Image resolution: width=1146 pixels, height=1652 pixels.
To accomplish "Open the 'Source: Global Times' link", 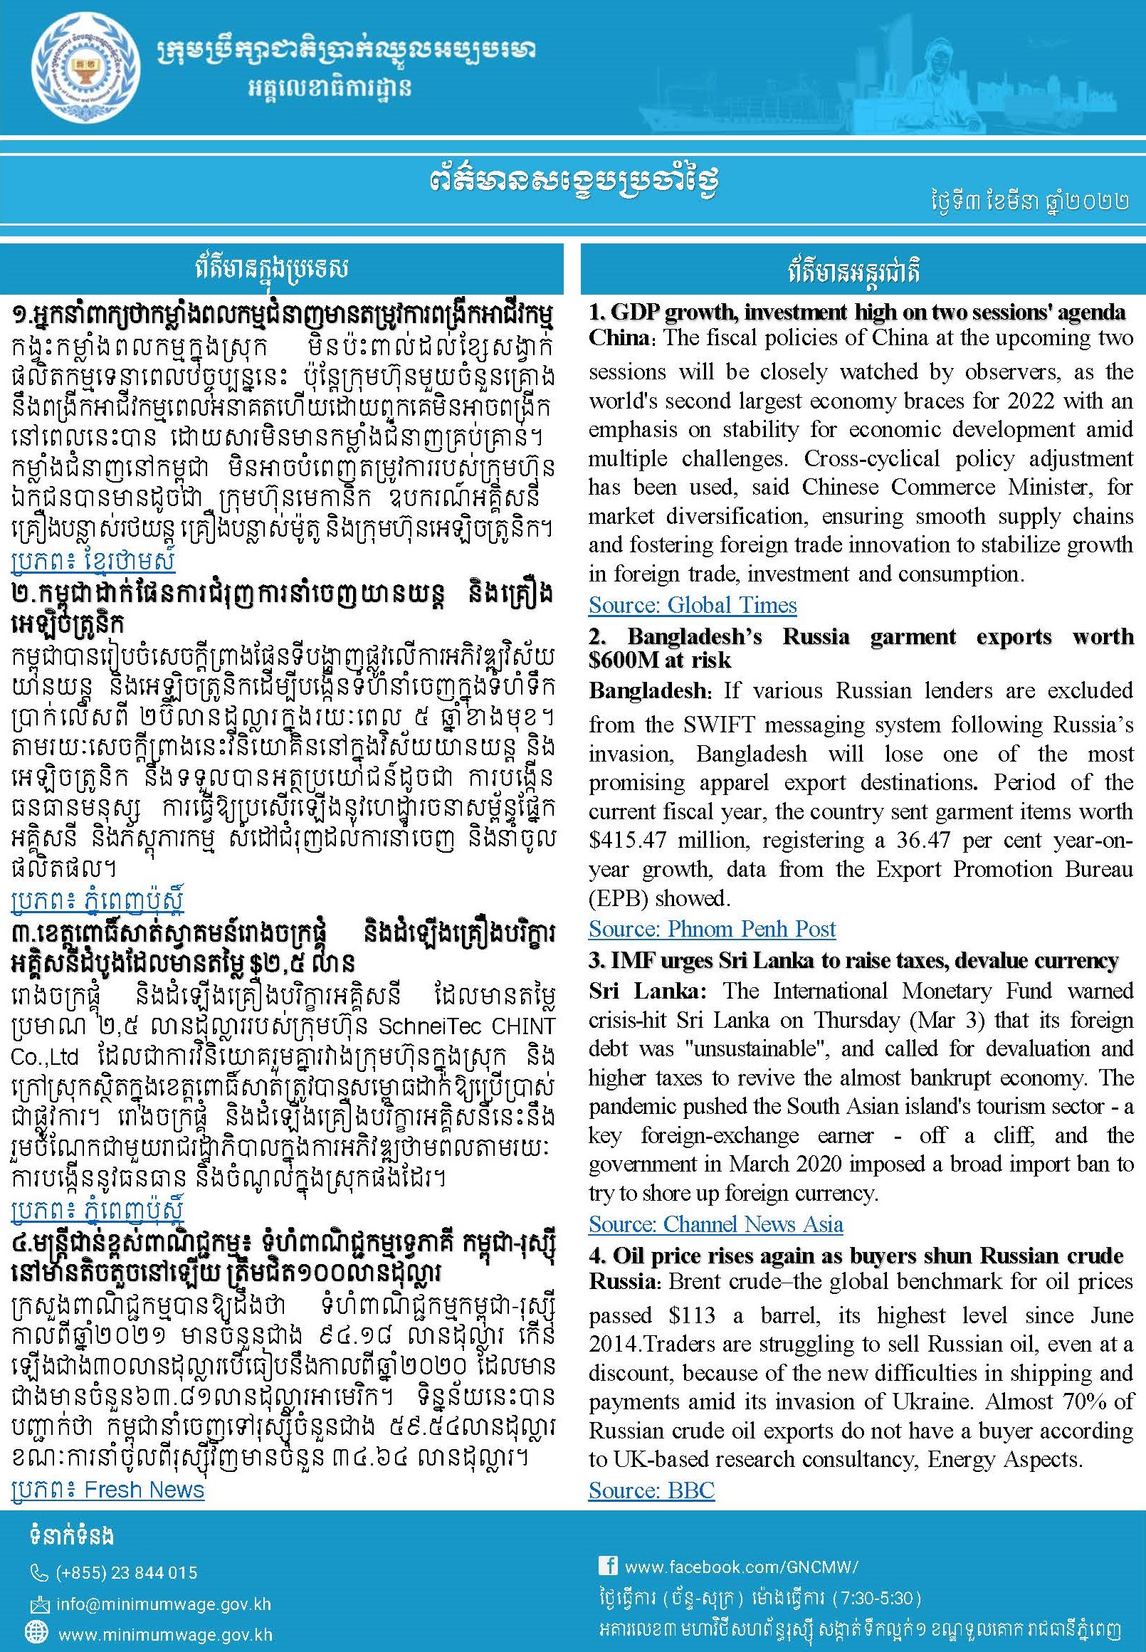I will tap(692, 605).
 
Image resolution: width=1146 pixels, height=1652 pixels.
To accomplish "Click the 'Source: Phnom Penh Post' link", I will tap(712, 929).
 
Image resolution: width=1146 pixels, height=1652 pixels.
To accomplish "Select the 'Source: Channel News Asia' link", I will tap(715, 1224).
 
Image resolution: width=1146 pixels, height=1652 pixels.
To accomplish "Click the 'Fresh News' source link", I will tap(144, 1490).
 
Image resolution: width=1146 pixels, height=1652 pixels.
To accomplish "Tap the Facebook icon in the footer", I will tap(607, 1566).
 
